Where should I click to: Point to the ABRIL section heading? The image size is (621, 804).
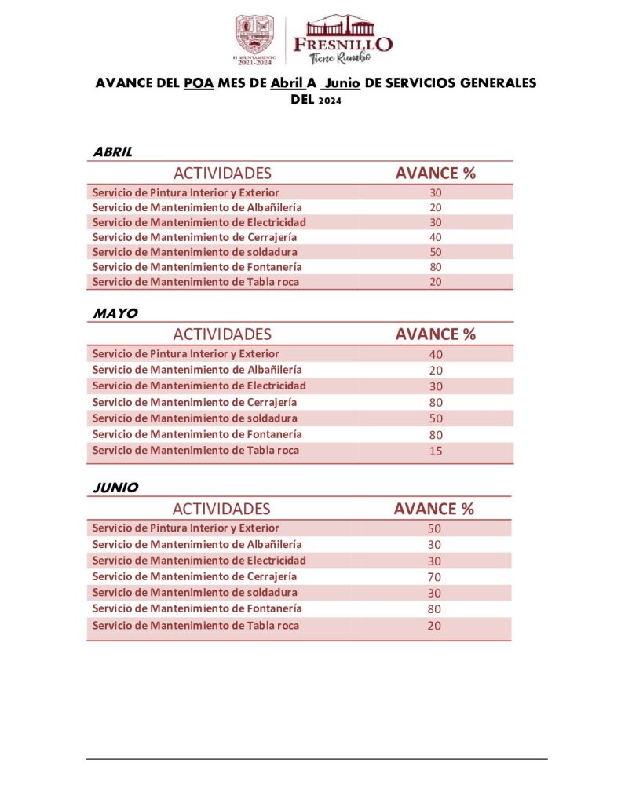pyautogui.click(x=112, y=152)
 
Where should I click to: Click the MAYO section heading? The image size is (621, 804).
pyautogui.click(x=115, y=313)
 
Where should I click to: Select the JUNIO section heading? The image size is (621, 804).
pyautogui.click(x=115, y=488)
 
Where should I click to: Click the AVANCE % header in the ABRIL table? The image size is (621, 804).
pyautogui.click(x=435, y=174)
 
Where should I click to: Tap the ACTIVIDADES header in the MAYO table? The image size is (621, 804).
pyautogui.click(x=222, y=334)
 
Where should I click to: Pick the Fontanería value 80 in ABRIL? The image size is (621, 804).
pyautogui.click(x=436, y=267)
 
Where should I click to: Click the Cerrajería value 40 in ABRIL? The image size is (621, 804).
pyautogui.click(x=436, y=237)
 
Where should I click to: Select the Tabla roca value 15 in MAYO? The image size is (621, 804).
pyautogui.click(x=436, y=451)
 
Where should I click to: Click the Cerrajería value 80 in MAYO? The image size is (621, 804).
pyautogui.click(x=436, y=403)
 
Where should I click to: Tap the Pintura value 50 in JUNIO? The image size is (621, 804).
pyautogui.click(x=434, y=529)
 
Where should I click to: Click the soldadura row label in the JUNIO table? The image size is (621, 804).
pyautogui.click(x=195, y=593)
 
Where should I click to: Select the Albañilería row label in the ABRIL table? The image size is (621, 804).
pyautogui.click(x=197, y=207)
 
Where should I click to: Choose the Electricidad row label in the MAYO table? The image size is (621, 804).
pyautogui.click(x=199, y=386)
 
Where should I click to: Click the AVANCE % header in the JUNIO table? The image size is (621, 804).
pyautogui.click(x=433, y=509)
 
